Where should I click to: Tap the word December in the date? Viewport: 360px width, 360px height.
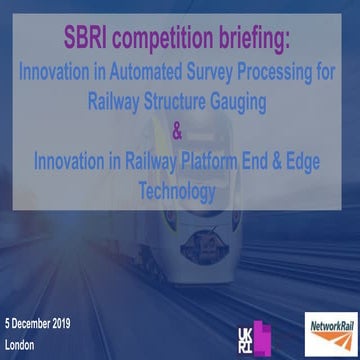[37, 326]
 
